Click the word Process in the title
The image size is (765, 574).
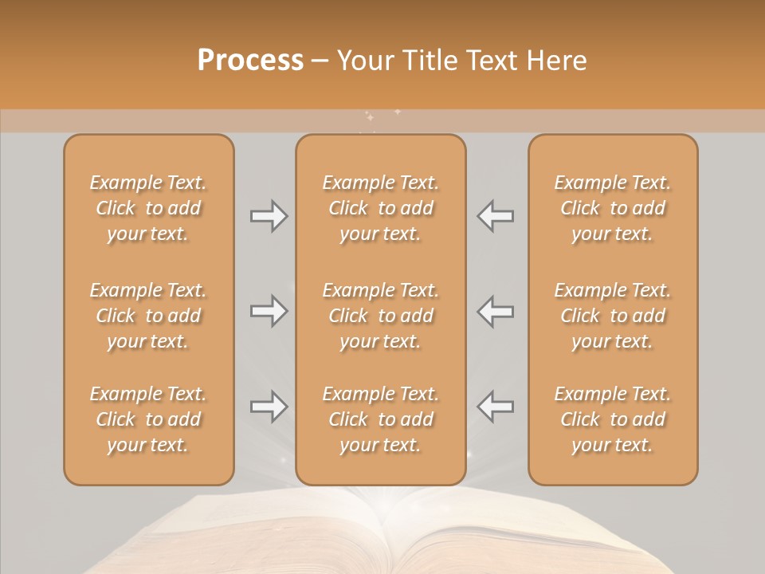[250, 61]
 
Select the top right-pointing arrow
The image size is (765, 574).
[269, 216]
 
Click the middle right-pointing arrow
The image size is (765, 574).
[269, 311]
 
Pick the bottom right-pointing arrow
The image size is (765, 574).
[269, 407]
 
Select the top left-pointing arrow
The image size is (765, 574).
[496, 216]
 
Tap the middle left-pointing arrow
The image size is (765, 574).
[496, 311]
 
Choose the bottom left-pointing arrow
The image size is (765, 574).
[496, 407]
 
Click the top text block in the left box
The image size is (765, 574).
[148, 208]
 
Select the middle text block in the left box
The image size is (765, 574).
[148, 316]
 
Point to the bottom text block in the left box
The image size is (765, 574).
[148, 419]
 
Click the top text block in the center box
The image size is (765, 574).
[380, 208]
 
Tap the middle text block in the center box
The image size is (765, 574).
[380, 316]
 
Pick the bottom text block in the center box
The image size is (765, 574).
[380, 419]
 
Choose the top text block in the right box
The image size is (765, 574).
[612, 208]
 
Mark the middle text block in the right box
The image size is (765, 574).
[612, 316]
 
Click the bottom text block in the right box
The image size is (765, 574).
[612, 419]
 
